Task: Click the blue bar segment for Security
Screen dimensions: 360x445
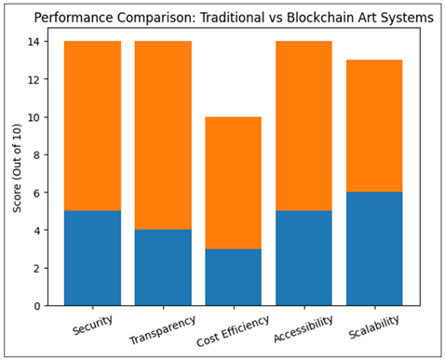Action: pos(92,258)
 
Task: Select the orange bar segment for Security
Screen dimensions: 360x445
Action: pos(92,126)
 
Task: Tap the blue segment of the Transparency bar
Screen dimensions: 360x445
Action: pos(163,267)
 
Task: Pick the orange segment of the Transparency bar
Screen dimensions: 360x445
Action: pos(163,135)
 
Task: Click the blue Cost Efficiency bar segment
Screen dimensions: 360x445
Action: pos(234,276)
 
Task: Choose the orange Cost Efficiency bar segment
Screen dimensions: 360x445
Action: pos(234,182)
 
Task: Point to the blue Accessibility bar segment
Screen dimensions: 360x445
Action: pos(304,258)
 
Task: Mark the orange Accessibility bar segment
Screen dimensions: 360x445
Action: pos(304,126)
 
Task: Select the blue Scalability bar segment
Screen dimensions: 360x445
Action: pos(375,248)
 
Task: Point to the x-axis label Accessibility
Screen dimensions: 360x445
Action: pos(303,326)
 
